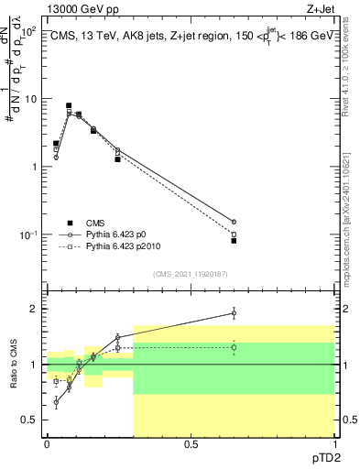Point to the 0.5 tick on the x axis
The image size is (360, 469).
(191, 444)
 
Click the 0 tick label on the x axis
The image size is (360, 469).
(47, 444)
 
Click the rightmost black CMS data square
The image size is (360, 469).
(234, 241)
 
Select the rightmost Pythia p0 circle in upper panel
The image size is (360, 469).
(234, 222)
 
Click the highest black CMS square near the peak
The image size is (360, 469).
(69, 105)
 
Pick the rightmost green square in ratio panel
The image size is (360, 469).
(234, 347)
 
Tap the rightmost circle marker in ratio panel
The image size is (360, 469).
(234, 313)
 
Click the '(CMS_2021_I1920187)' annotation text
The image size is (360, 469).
(190, 274)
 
